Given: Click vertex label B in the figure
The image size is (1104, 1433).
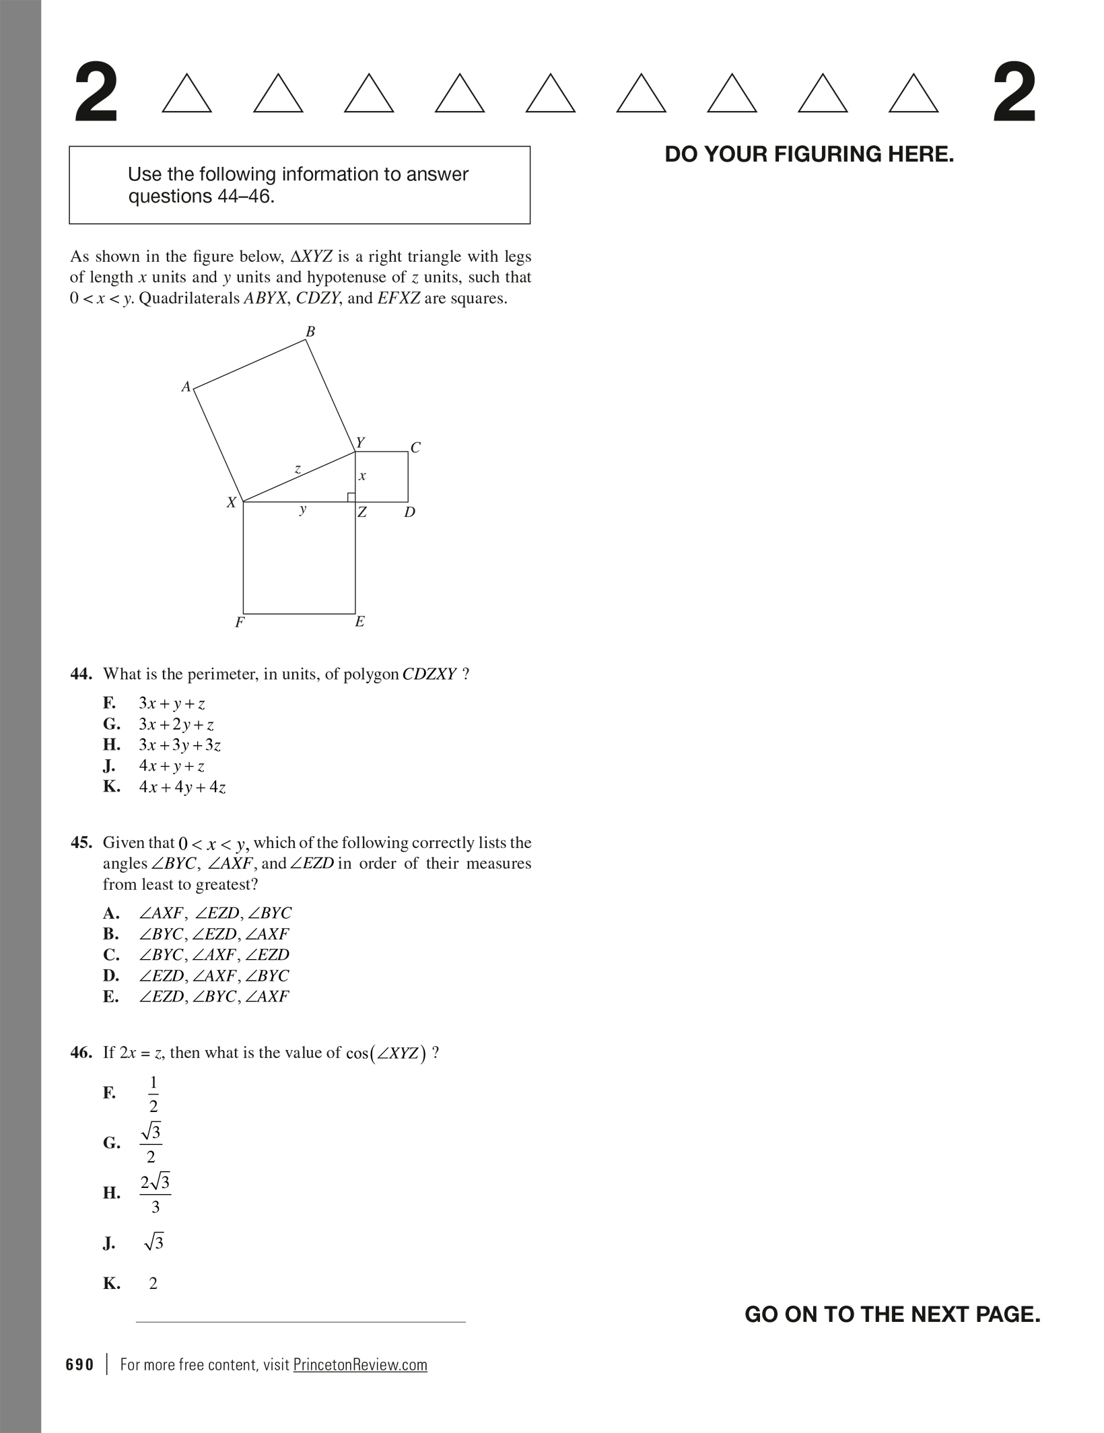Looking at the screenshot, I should tap(310, 331).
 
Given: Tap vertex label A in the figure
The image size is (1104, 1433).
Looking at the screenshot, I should tap(186, 387).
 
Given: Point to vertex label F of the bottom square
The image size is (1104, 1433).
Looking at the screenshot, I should tap(239, 623).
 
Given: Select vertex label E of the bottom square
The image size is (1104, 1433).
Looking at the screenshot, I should tap(359, 622).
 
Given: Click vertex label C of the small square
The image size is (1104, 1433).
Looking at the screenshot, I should tap(415, 448).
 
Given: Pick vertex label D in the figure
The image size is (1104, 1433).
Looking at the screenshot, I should tap(409, 512).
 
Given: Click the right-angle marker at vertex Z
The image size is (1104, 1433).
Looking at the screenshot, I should tap(351, 497).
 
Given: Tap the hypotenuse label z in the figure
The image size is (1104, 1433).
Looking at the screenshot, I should tap(298, 468).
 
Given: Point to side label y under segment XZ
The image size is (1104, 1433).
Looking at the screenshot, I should tap(303, 509).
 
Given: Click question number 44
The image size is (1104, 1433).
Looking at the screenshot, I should tap(81, 674).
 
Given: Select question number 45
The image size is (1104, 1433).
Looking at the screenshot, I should tap(81, 843).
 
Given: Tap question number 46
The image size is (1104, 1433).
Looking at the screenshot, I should tap(81, 1053).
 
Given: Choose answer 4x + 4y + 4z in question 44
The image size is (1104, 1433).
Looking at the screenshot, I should tap(182, 787).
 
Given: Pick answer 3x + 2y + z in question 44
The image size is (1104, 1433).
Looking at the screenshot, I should tap(176, 725).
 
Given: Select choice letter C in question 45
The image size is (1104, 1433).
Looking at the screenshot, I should tap(111, 954).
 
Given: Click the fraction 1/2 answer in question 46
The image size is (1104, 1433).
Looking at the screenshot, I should tap(153, 1094).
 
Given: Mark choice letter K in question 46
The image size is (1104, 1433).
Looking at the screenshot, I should tap(111, 1284).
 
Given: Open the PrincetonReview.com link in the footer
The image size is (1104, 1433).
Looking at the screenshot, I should tap(360, 1364).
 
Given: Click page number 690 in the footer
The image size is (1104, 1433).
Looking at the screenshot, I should tap(80, 1364).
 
